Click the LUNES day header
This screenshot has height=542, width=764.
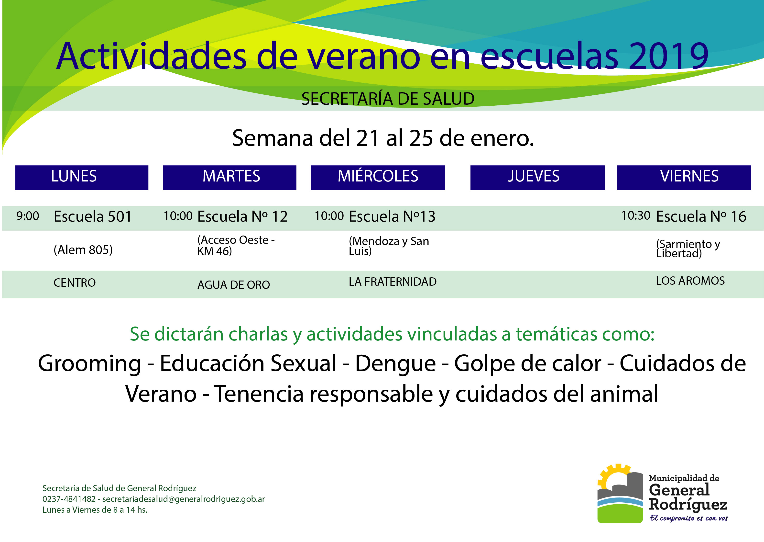pyautogui.click(x=82, y=178)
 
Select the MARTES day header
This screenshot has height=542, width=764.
pyautogui.click(x=229, y=178)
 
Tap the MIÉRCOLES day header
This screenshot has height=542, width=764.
pyautogui.click(x=378, y=178)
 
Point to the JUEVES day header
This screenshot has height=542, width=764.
pyautogui.click(x=537, y=178)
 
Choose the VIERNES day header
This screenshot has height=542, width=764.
pyautogui.click(x=684, y=178)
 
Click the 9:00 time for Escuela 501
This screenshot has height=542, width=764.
pyautogui.click(x=28, y=216)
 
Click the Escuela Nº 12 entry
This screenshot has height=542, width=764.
pyautogui.click(x=242, y=216)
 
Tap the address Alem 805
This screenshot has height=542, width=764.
pyautogui.click(x=83, y=250)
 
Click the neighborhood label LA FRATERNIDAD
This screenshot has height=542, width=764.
pyautogui.click(x=393, y=282)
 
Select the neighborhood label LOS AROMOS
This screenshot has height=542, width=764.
pyautogui.click(x=690, y=281)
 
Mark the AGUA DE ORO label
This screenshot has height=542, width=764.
pyautogui.click(x=233, y=285)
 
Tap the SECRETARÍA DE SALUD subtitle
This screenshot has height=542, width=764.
pyautogui.click(x=388, y=99)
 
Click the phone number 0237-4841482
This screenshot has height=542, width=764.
pyautogui.click(x=69, y=499)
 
